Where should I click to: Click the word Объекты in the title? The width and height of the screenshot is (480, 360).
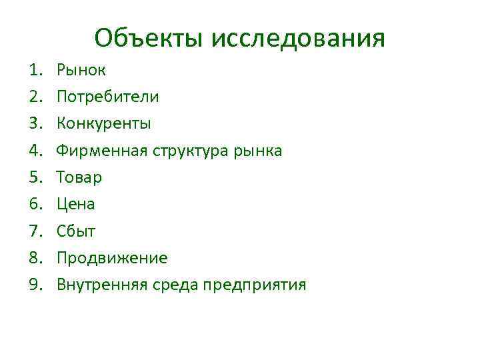point(149,38)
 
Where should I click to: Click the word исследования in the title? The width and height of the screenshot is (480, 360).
point(298,38)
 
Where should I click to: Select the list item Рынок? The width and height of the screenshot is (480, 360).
point(81,69)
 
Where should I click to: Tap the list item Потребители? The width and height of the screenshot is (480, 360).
point(107,97)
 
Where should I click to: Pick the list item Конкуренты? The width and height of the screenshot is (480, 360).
point(103,123)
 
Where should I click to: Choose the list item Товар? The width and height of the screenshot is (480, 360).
point(79,177)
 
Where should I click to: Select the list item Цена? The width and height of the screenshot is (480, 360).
point(75,205)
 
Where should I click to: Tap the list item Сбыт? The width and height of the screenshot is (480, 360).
point(76,231)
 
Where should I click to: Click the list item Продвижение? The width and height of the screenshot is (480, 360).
point(112,258)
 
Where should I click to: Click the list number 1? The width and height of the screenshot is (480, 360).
point(35,69)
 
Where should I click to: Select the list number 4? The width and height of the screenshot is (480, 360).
point(35,151)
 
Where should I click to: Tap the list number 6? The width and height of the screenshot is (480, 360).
point(35,205)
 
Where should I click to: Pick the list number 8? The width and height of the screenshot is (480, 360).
point(35,258)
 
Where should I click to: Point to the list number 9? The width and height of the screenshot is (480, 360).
point(35,285)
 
